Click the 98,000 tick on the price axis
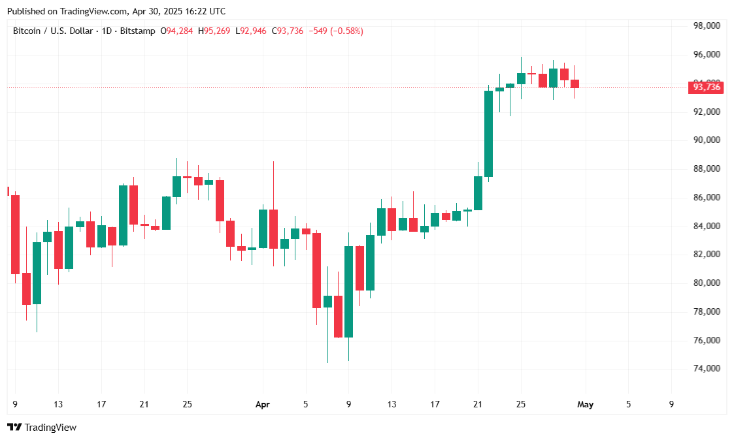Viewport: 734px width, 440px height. [707, 26]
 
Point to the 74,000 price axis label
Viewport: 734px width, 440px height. [707, 369]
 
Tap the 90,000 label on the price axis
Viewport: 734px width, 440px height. [707, 140]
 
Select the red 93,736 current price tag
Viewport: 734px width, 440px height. [707, 87]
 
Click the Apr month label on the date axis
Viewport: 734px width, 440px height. [263, 405]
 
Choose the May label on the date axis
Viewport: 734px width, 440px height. [586, 405]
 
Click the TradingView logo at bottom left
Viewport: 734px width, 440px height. [42, 428]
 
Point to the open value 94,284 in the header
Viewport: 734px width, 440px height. [180, 31]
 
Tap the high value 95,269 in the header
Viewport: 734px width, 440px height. [217, 31]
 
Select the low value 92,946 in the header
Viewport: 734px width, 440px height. [254, 31]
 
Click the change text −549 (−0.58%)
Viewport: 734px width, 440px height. [336, 31]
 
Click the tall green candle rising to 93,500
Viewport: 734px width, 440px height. [488, 134]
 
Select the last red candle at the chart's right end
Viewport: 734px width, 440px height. [575, 84]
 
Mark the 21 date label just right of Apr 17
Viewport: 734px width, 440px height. [478, 405]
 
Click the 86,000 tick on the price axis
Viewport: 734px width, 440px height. [707, 197]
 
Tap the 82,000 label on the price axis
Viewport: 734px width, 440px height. [707, 255]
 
